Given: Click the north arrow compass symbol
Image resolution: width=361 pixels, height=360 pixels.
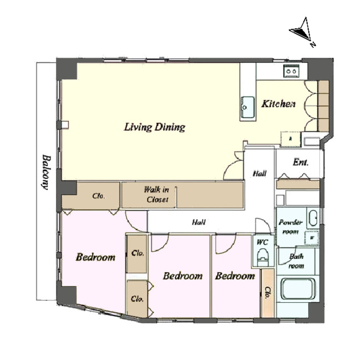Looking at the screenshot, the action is click(x=302, y=32).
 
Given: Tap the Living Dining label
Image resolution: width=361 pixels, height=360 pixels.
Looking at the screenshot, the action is click(x=155, y=127).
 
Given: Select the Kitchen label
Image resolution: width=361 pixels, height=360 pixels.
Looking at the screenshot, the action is click(x=278, y=104).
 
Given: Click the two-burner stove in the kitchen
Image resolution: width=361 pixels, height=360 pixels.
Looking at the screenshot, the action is click(x=291, y=71).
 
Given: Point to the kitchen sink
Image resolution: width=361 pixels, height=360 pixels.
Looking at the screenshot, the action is click(x=247, y=107).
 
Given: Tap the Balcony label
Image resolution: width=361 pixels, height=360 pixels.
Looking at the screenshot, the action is click(x=46, y=172).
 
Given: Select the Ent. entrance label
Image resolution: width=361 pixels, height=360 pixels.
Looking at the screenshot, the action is click(x=300, y=163).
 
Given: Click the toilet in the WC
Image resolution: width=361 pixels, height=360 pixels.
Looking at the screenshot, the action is click(x=263, y=257).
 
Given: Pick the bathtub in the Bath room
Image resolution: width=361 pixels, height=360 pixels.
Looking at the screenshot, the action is click(x=298, y=289).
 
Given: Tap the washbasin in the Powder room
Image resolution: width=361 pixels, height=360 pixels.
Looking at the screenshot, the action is click(x=313, y=218).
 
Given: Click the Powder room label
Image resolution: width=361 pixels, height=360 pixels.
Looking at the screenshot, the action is click(x=291, y=227).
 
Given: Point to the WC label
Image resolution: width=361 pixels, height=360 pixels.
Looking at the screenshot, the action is click(x=263, y=243).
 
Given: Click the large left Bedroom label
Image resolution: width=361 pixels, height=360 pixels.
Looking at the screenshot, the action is click(x=96, y=257).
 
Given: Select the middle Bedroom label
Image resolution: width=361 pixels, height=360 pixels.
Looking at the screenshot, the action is click(x=183, y=276).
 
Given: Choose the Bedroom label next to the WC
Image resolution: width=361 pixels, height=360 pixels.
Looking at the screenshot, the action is click(x=235, y=276).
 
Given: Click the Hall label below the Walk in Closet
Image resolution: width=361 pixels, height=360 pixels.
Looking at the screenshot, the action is click(x=199, y=222).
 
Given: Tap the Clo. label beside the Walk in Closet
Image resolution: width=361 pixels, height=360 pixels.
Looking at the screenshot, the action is click(x=99, y=196).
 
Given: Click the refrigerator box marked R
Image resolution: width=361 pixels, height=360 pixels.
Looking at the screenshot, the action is click(x=291, y=139).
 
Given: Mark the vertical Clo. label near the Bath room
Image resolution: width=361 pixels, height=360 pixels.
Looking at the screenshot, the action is click(x=268, y=293).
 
